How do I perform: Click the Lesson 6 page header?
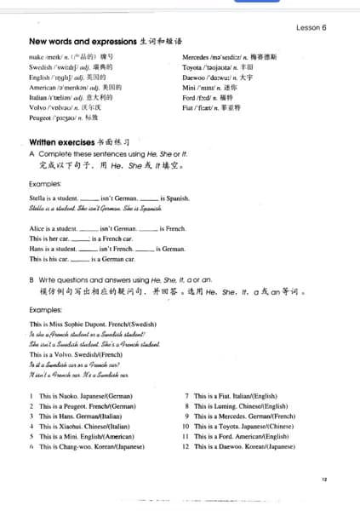pos(311,27)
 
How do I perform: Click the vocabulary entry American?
pos(75,87)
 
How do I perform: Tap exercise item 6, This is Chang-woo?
pos(89,446)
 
